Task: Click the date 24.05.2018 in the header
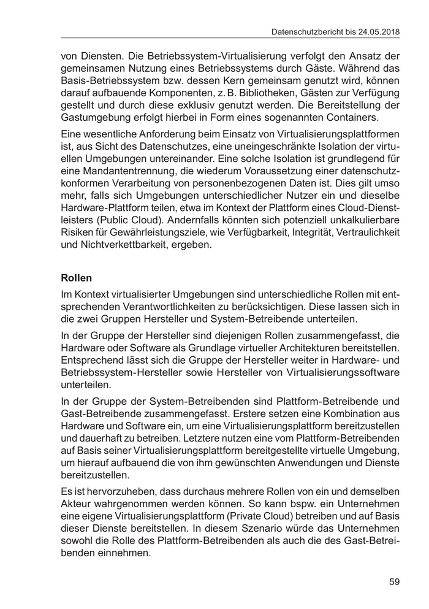click(378, 31)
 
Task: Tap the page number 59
click(394, 581)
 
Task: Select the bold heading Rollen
click(77, 277)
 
